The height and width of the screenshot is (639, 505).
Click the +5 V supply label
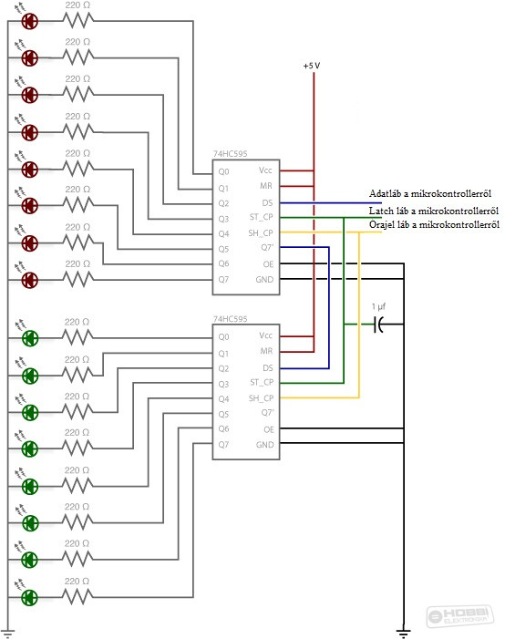tap(312, 66)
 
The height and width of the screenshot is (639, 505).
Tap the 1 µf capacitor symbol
tap(378, 325)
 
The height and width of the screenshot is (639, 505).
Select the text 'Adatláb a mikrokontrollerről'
tap(430, 193)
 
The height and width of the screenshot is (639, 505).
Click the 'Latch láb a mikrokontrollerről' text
tap(434, 211)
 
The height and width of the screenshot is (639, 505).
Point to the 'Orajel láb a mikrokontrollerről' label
tap(434, 224)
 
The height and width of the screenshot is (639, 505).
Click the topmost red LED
tap(30, 21)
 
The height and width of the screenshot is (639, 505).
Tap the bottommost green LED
tap(30, 597)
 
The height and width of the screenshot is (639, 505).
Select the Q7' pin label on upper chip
tap(267, 247)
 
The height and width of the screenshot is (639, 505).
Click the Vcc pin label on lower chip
tap(265, 335)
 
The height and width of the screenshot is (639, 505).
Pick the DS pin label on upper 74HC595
tap(267, 203)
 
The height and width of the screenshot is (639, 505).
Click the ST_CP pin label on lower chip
tap(262, 382)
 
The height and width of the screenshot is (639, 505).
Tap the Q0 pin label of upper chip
tap(223, 171)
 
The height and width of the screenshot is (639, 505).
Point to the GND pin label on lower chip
tap(265, 445)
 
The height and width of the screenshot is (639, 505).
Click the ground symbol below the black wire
tap(404, 633)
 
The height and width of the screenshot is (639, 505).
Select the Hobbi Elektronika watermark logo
tap(460, 615)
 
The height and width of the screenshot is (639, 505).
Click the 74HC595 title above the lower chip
tap(230, 319)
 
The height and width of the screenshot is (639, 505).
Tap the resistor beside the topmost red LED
tap(78, 20)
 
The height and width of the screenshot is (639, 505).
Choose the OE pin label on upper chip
tap(268, 264)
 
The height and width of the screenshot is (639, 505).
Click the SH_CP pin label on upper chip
tap(261, 233)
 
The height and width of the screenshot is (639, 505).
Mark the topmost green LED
tap(30, 338)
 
